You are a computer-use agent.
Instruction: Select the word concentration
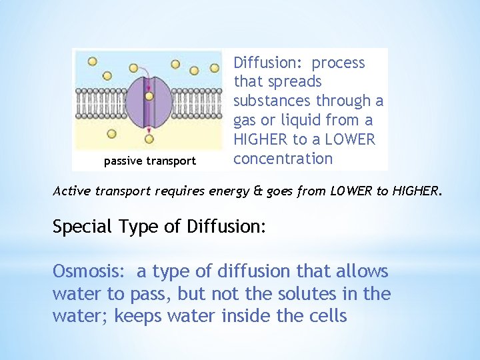click(283, 159)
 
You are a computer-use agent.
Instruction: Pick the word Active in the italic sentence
click(70, 191)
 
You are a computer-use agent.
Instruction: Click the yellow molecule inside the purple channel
click(149, 96)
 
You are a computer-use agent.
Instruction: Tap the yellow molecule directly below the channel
click(149, 139)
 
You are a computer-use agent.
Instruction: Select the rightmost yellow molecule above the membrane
click(215, 67)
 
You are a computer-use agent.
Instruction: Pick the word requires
click(179, 191)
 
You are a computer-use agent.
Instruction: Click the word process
click(339, 63)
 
